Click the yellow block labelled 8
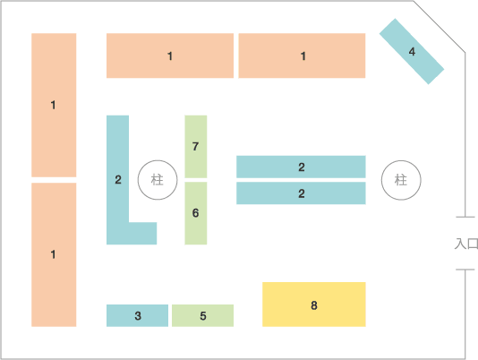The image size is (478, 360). pyautogui.click(x=314, y=304)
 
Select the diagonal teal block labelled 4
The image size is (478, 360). pyautogui.click(x=412, y=51)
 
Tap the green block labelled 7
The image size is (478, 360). pyautogui.click(x=196, y=147)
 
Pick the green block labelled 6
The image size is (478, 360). pyautogui.click(x=196, y=213)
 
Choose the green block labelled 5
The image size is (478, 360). pyautogui.click(x=202, y=315)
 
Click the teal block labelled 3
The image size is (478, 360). pyautogui.click(x=137, y=315)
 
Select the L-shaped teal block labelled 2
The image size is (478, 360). pyautogui.click(x=117, y=180)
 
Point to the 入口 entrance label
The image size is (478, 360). pyautogui.click(x=466, y=244)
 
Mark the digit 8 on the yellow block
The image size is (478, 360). pyautogui.click(x=314, y=305)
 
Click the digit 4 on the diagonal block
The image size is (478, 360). pyautogui.click(x=412, y=52)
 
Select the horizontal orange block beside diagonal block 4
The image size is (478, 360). pyautogui.click(x=302, y=56)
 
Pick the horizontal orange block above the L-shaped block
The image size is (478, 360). pyautogui.click(x=170, y=56)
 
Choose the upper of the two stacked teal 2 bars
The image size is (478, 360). pyautogui.click(x=301, y=167)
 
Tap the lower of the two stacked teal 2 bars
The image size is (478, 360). pyautogui.click(x=301, y=193)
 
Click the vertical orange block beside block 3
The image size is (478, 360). pyautogui.click(x=54, y=254)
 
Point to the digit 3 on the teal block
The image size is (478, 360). pyautogui.click(x=138, y=316)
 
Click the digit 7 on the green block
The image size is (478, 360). pyautogui.click(x=195, y=147)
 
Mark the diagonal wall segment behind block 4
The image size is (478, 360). pyautogui.click(x=440, y=27)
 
